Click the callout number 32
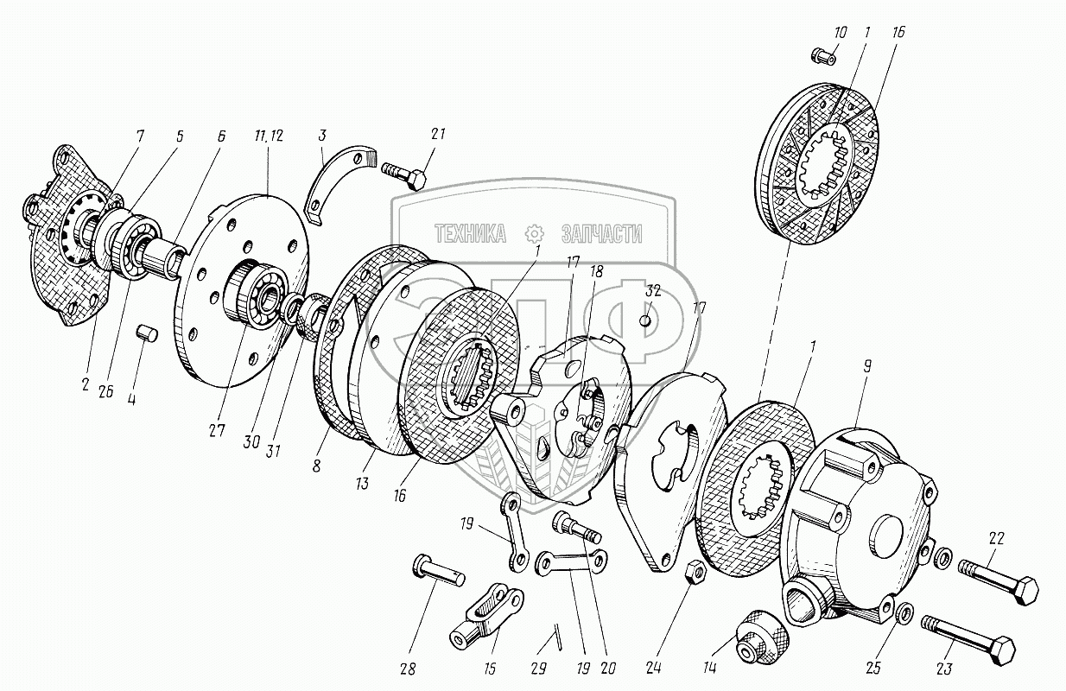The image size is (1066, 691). pyautogui.click(x=653, y=291)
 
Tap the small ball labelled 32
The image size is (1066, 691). pyautogui.click(x=644, y=321)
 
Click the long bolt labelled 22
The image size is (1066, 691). pyautogui.click(x=1001, y=581)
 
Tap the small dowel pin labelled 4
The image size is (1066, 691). pyautogui.click(x=146, y=333)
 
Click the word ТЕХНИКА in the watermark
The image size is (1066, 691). pyautogui.click(x=471, y=232)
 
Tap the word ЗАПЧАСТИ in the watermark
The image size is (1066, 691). pyautogui.click(x=601, y=232)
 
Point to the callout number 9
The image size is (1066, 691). pyautogui.click(x=868, y=366)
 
